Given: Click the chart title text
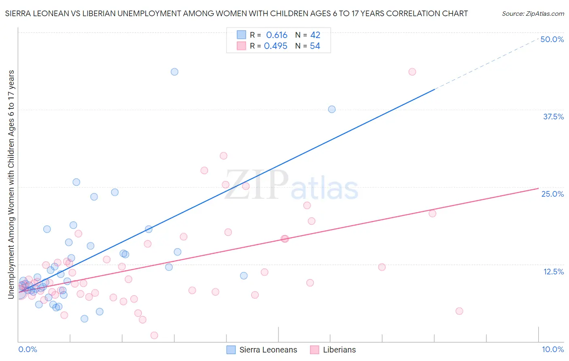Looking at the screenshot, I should (x=236, y=13).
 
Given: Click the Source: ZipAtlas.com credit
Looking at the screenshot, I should (x=533, y=13).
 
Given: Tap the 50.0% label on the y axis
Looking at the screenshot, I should (x=552, y=39).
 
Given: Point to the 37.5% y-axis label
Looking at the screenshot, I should (x=553, y=117).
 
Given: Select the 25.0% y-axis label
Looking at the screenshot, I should (x=552, y=194).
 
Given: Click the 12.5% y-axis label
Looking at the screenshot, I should (x=553, y=272).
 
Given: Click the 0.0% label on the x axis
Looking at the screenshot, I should (x=28, y=349).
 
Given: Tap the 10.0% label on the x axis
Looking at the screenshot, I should (x=552, y=349).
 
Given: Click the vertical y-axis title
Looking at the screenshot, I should (x=11, y=184).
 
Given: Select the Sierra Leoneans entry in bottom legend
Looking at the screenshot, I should (x=268, y=350).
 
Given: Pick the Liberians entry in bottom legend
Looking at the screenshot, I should (x=339, y=350).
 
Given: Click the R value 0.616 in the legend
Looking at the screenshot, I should (x=276, y=35).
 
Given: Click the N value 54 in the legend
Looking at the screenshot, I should (x=315, y=46).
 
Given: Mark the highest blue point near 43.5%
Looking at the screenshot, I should (x=174, y=72).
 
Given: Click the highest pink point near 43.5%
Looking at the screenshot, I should (x=412, y=72).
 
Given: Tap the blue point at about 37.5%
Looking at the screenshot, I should (x=332, y=109).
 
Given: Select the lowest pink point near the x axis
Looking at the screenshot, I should (x=154, y=335).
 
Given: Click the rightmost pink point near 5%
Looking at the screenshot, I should (x=459, y=311).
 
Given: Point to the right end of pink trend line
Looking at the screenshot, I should (x=538, y=188).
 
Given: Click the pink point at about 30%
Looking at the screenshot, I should (x=223, y=156).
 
